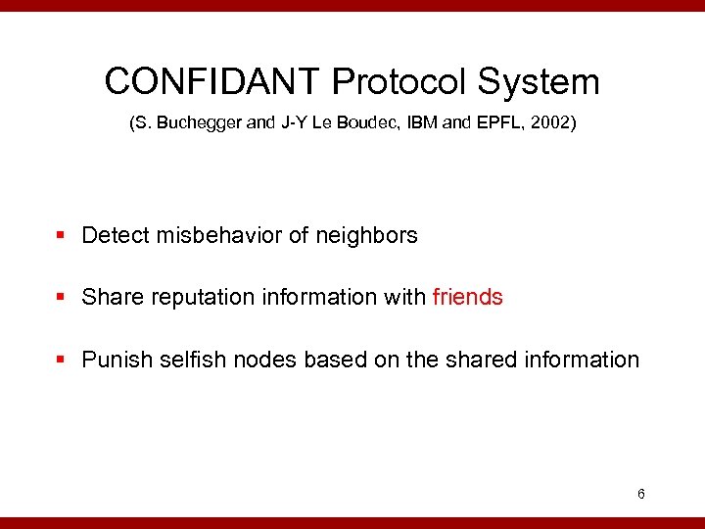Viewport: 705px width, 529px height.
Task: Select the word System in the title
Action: click(x=540, y=81)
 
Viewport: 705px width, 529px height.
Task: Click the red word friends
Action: click(x=467, y=297)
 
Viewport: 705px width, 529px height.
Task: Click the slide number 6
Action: click(x=640, y=494)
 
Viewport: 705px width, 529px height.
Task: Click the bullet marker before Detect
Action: click(x=62, y=236)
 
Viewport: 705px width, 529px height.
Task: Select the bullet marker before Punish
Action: click(x=62, y=361)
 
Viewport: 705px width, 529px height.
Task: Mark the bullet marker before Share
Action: click(x=62, y=298)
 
